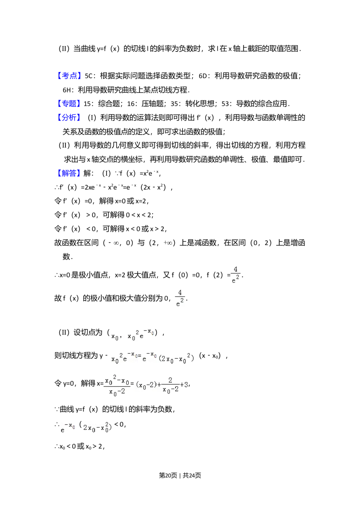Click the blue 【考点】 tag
69,75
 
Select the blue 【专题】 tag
69,104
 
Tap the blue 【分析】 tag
69,117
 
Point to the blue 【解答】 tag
69,173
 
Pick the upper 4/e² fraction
236,275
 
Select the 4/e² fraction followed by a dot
180,298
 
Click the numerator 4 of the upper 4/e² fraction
236,270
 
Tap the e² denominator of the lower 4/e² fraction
180,303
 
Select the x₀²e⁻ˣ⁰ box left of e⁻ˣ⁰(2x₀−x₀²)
123,357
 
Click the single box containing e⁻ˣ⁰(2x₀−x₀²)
168,357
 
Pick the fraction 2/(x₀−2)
170,385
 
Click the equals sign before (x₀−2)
132,384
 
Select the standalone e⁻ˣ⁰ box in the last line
68,428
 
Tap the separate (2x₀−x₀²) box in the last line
98,428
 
